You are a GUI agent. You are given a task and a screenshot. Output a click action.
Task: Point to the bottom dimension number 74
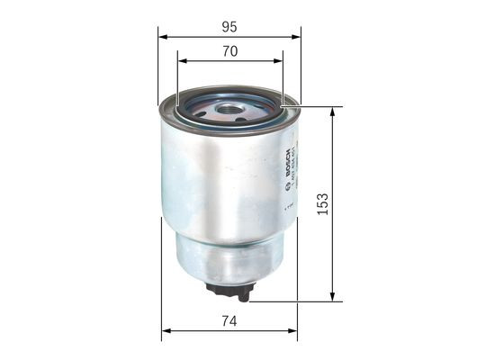229,319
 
